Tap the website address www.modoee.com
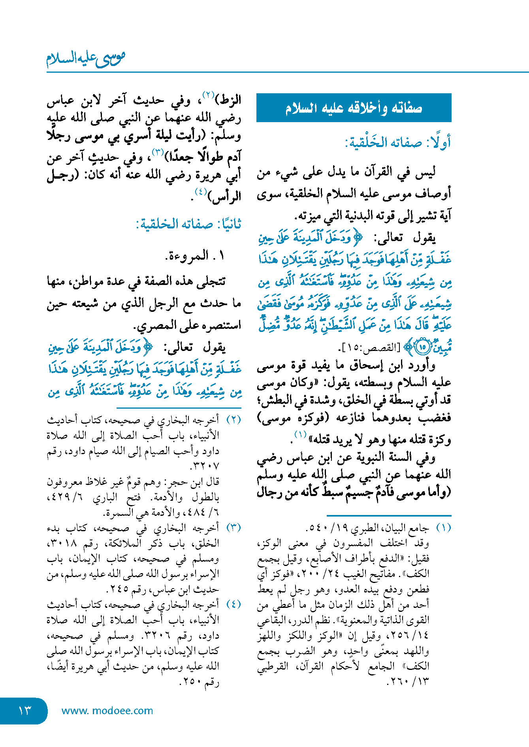tap(107, 711)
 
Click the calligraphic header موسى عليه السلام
tap(86, 58)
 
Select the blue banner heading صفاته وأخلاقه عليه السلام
tap(354, 108)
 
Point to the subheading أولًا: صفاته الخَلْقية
tap(398, 143)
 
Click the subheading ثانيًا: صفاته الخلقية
tap(188, 224)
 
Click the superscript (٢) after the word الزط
tap(208, 95)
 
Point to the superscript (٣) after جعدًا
tap(158, 151)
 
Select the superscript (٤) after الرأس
tap(201, 192)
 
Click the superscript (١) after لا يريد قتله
tap(301, 435)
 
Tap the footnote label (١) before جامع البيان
tap(443, 528)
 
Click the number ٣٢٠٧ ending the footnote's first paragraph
tap(205, 466)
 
